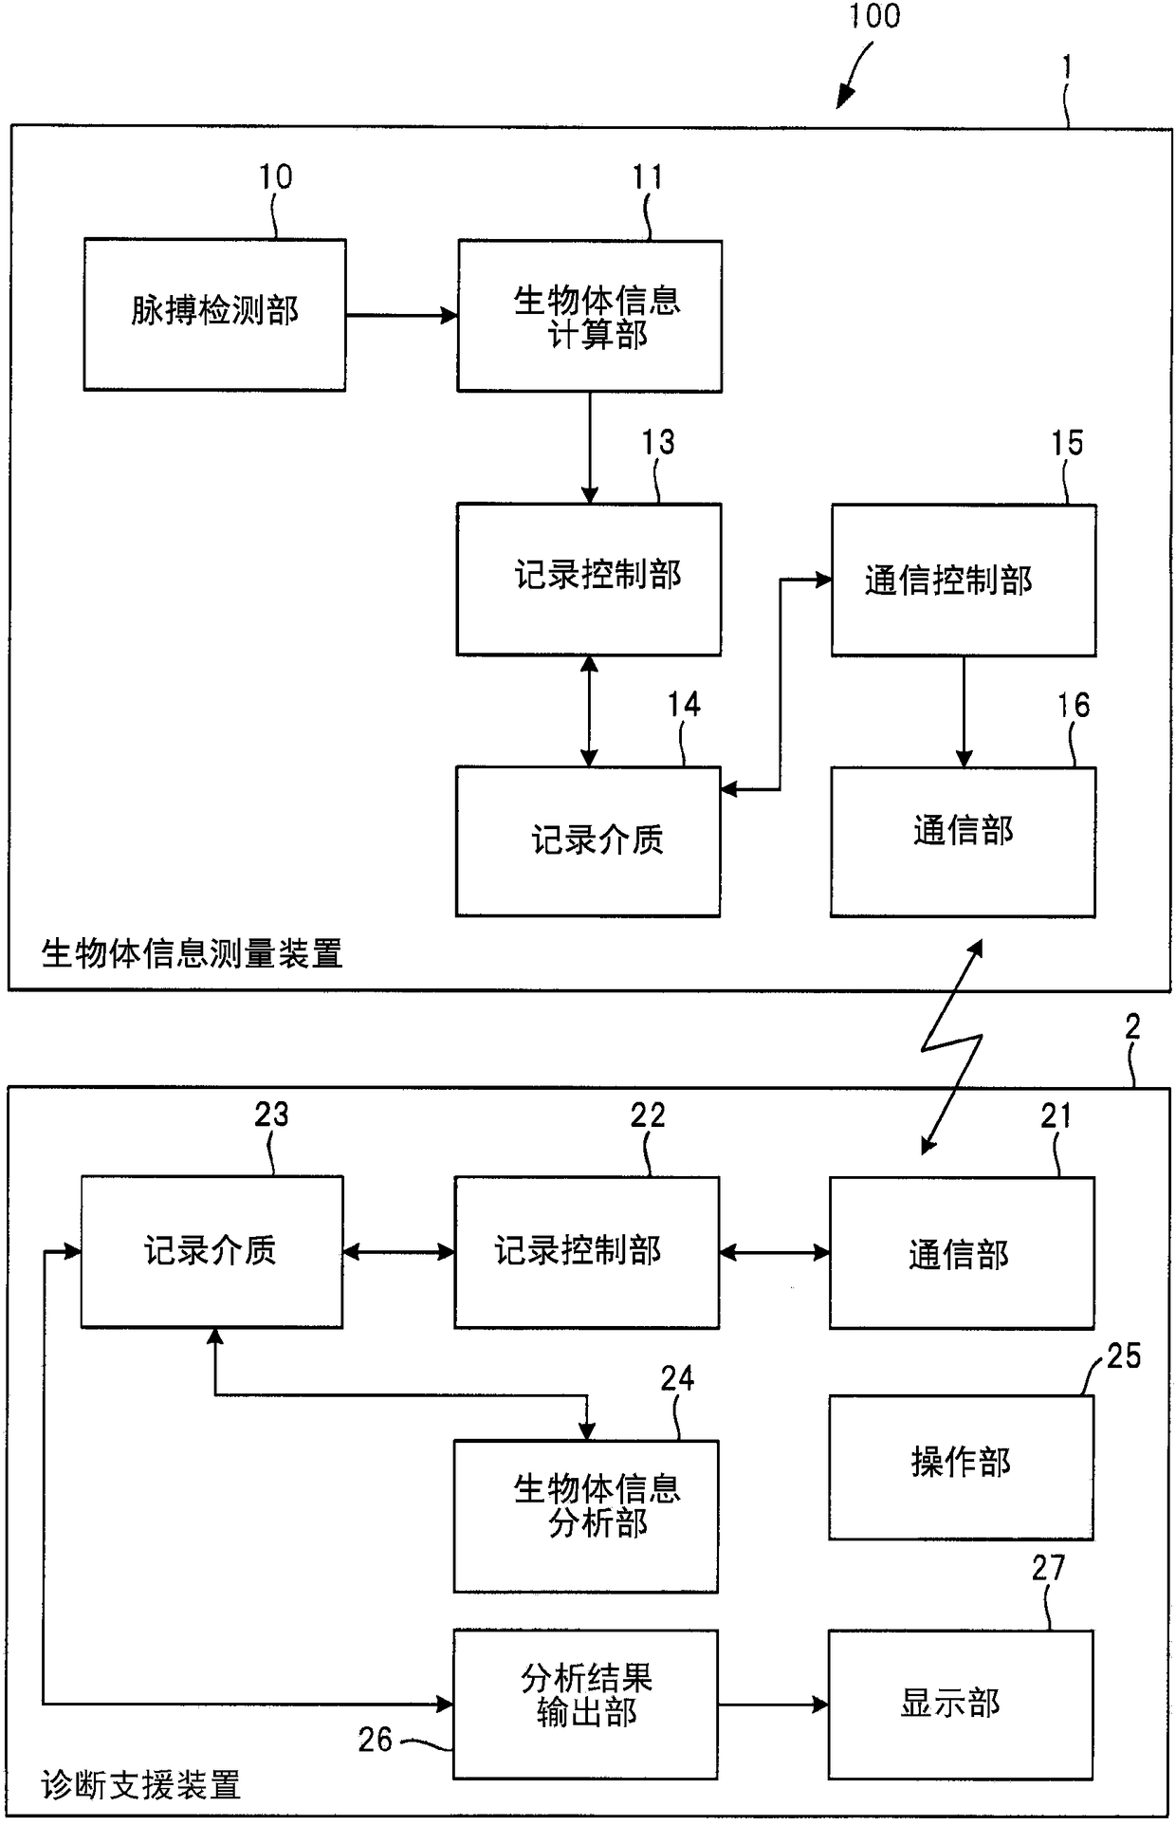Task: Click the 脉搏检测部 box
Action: point(214,314)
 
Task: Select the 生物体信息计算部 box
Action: point(589,315)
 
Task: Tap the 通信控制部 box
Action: point(964,580)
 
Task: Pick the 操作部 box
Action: point(961,1466)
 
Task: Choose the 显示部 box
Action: point(961,1705)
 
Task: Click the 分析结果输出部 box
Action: point(585,1704)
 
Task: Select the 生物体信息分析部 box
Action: point(585,1516)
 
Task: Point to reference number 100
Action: point(873,16)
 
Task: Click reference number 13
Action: point(657,442)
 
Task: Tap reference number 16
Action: point(1074,705)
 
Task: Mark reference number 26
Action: point(375,1739)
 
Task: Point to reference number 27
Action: point(1048,1568)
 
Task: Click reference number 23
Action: point(271,1115)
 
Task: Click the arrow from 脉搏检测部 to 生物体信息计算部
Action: point(402,315)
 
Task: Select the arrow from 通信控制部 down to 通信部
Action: point(964,711)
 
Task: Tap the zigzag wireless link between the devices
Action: point(952,1046)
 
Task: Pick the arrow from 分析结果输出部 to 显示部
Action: point(773,1705)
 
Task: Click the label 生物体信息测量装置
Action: point(192,953)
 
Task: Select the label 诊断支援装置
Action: point(141,1786)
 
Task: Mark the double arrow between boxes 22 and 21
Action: point(774,1253)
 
